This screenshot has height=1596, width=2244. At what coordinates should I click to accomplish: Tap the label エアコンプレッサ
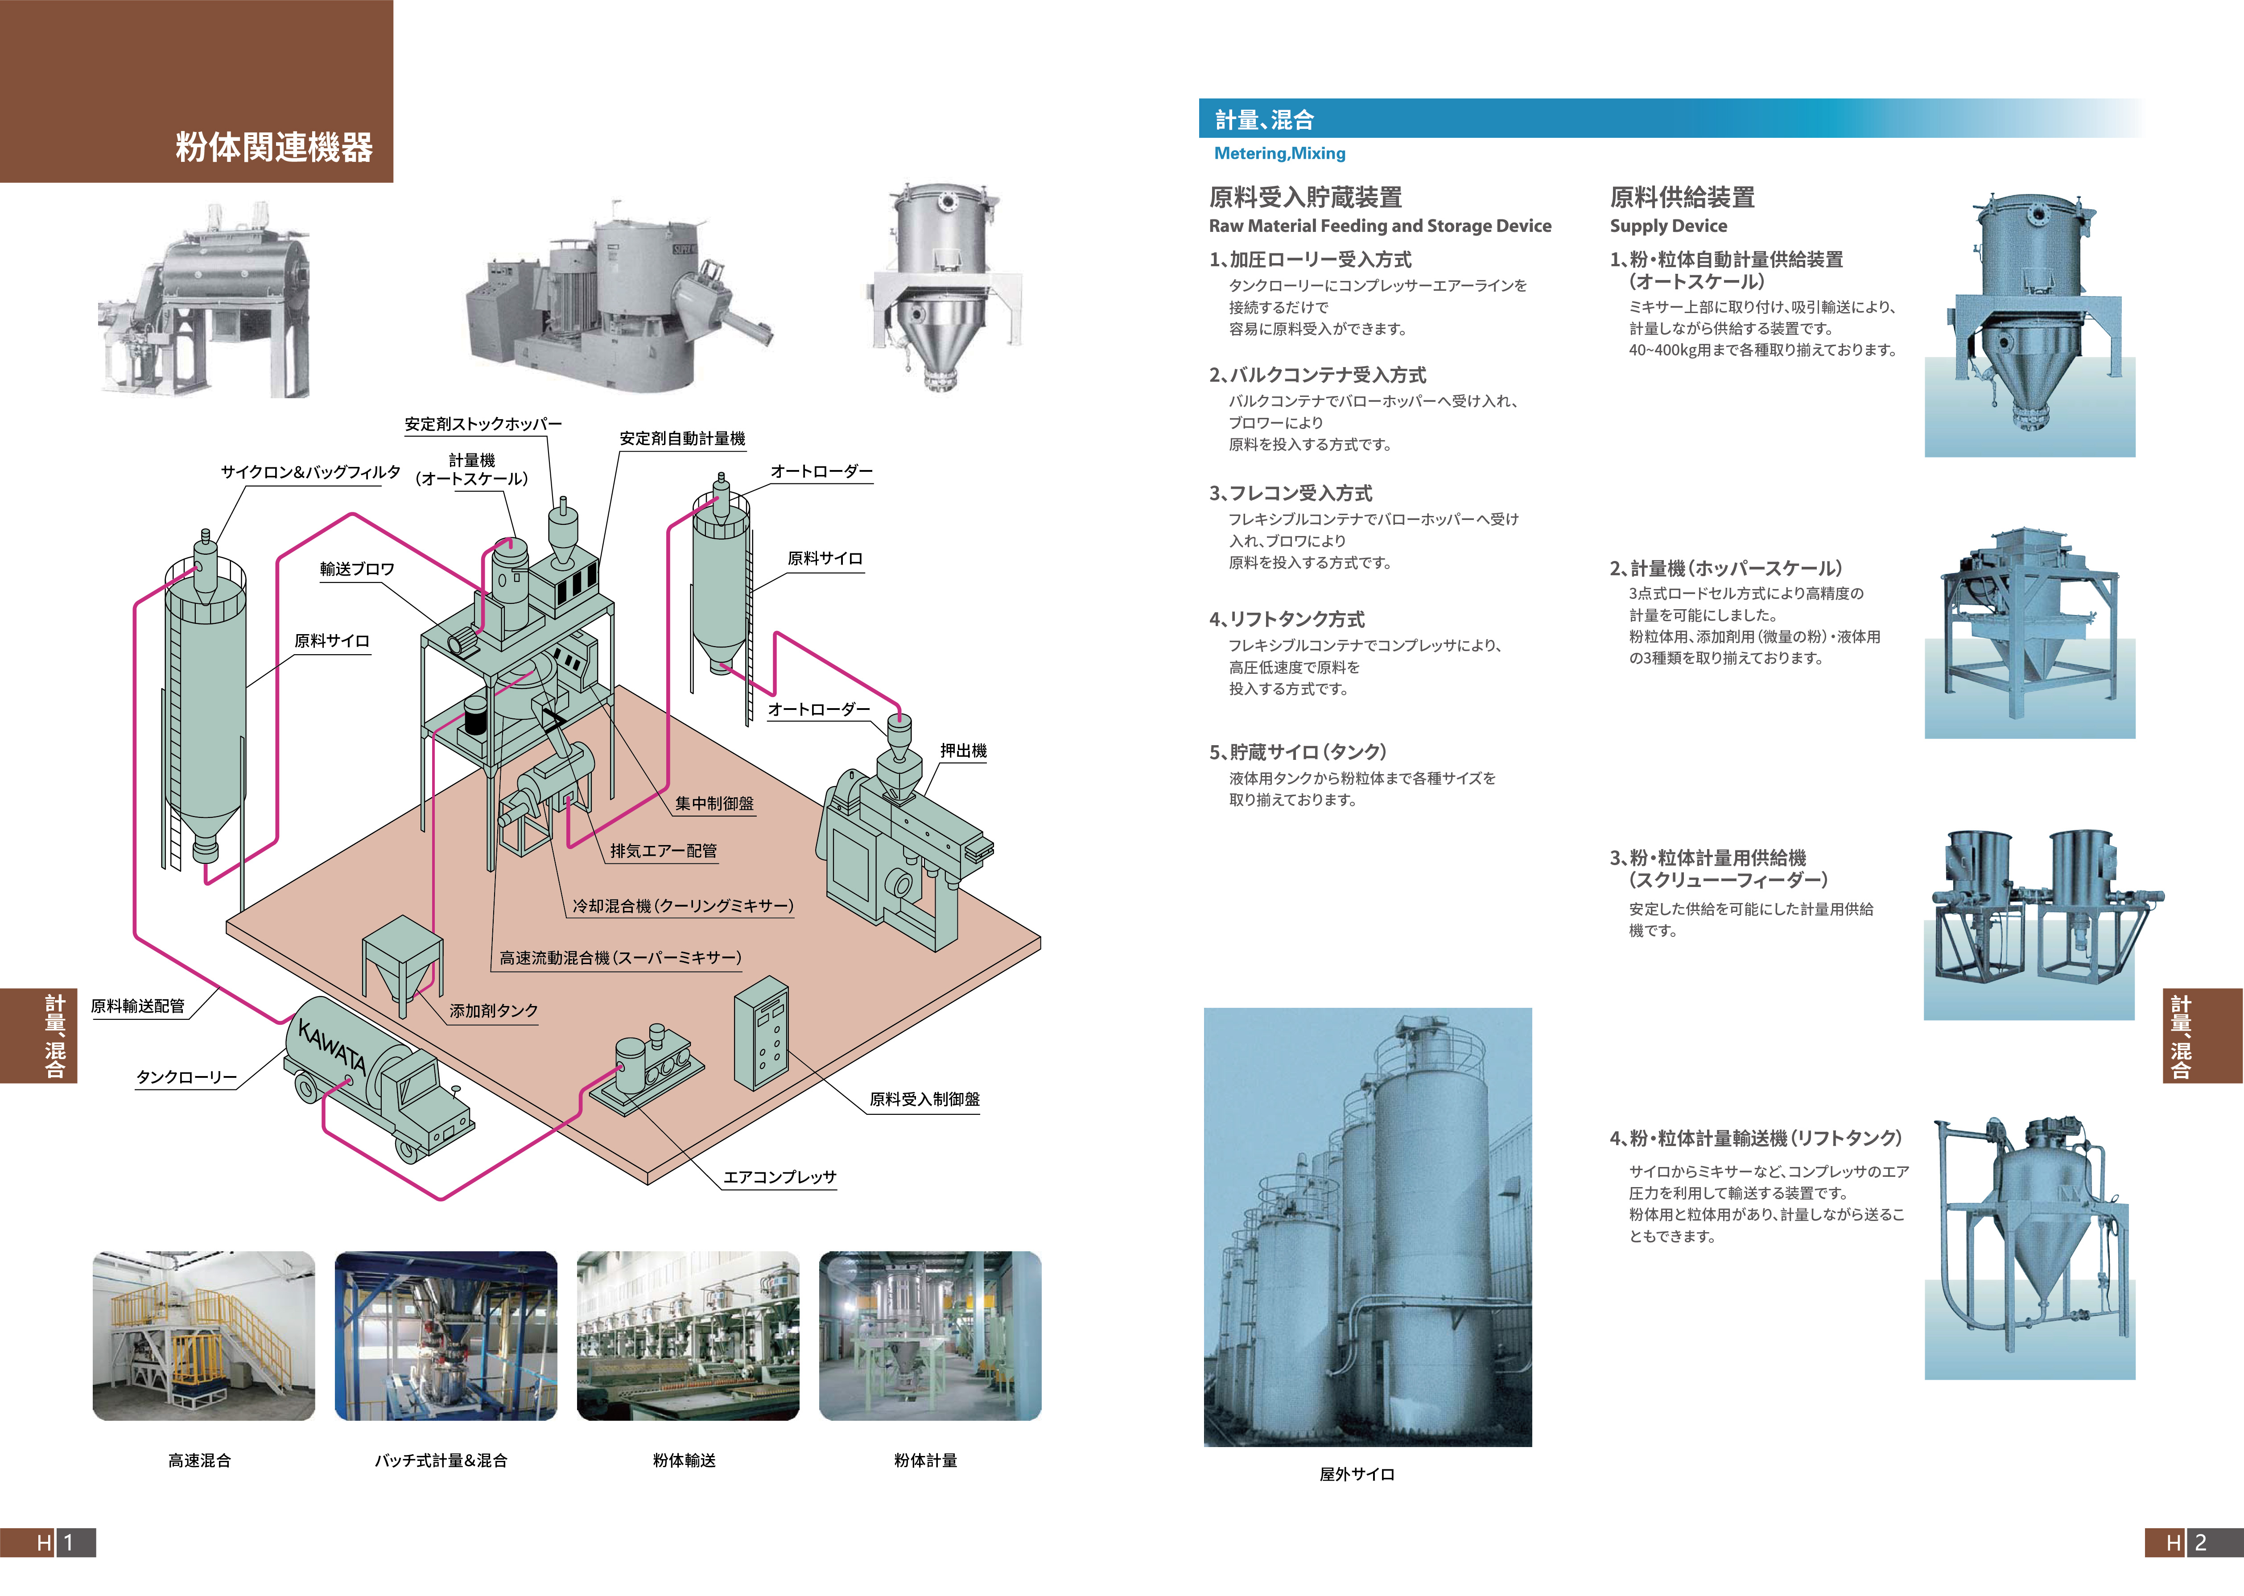[779, 1176]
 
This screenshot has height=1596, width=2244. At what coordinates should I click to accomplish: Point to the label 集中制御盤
[714, 803]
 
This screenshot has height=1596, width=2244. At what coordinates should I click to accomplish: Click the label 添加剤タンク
[493, 1010]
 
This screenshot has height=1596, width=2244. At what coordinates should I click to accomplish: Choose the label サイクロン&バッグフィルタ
[310, 472]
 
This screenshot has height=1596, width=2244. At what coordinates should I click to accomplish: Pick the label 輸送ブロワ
[357, 569]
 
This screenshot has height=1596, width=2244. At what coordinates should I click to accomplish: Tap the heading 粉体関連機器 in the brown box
[274, 148]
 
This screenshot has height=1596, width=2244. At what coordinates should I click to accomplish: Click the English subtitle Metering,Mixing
[1279, 153]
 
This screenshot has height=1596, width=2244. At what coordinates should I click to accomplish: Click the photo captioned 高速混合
[203, 1335]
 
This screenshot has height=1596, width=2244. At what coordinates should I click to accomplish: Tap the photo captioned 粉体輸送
[688, 1335]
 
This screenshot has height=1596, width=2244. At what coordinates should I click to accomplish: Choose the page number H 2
[2193, 1542]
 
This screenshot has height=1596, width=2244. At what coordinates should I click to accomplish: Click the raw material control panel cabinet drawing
[761, 1034]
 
